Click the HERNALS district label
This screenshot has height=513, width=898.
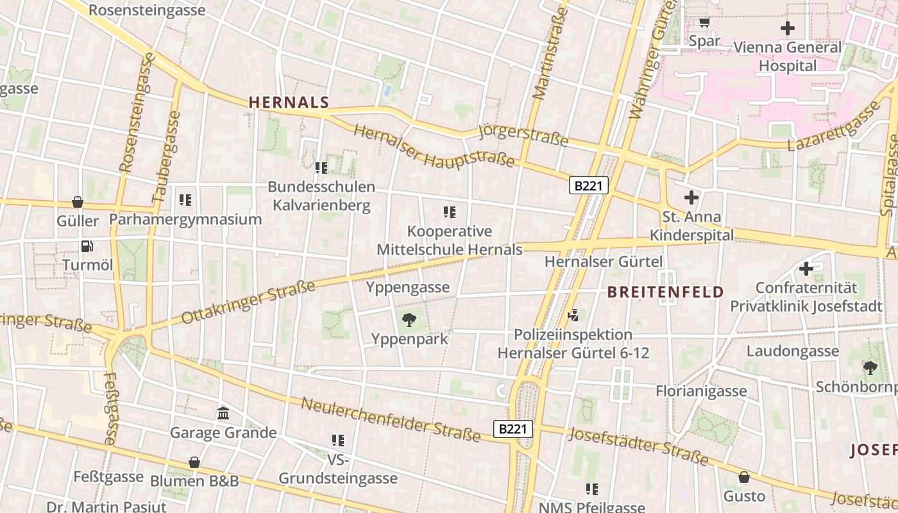tap(289, 102)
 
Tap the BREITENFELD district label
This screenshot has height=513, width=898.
tap(665, 292)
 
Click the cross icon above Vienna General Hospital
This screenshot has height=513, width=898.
tap(787, 28)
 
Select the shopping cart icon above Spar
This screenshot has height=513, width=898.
tap(704, 22)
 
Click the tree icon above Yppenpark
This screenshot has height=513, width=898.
tap(409, 319)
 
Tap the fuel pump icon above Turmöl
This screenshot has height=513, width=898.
tap(87, 246)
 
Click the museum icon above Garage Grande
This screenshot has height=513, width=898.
tap(223, 413)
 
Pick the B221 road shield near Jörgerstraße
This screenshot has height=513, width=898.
tap(588, 186)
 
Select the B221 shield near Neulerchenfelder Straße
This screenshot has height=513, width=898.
tap(513, 429)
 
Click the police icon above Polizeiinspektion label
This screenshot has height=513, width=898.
tap(573, 315)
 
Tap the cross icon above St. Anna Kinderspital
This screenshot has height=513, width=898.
tap(691, 198)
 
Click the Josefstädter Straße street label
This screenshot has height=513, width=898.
tap(638, 446)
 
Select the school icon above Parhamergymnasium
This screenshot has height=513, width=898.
tap(185, 199)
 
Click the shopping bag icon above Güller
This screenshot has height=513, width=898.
tap(78, 202)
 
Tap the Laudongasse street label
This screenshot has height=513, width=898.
tap(792, 351)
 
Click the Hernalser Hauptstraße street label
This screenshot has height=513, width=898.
tap(434, 146)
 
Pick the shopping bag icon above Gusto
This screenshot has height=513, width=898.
tap(744, 477)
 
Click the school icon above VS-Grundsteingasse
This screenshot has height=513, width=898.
tap(338, 440)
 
